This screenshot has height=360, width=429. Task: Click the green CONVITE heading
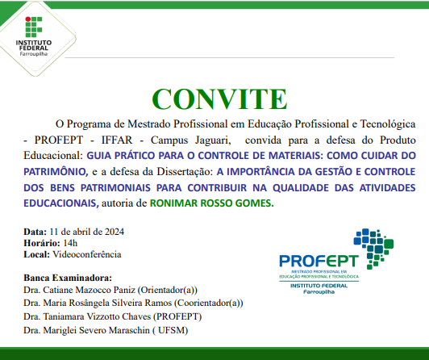(x=214, y=98)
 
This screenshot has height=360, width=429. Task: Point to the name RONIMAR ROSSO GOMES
(x=222, y=203)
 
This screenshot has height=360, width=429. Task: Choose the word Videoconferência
(x=87, y=254)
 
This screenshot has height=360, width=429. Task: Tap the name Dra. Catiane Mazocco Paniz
(x=79, y=290)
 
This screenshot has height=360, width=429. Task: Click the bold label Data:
(x=35, y=230)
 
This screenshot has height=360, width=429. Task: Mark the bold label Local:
(x=37, y=254)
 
